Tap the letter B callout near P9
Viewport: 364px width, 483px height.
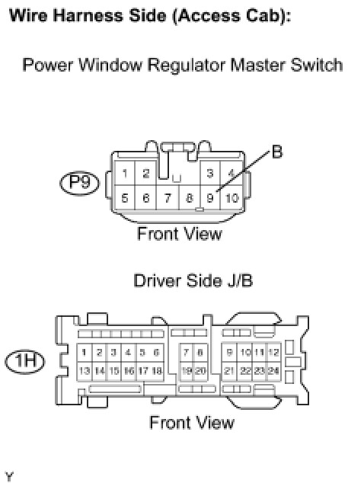pyautogui.click(x=277, y=152)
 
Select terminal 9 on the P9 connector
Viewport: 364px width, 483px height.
pyautogui.click(x=210, y=197)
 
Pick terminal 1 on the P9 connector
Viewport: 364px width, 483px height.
pyautogui.click(x=125, y=174)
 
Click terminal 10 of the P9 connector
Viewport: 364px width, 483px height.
pyautogui.click(x=231, y=198)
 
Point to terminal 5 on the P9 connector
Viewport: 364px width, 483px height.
pyautogui.click(x=125, y=198)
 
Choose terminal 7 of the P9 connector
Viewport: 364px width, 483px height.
pyautogui.click(x=168, y=198)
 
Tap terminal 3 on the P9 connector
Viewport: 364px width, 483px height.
pyautogui.click(x=210, y=173)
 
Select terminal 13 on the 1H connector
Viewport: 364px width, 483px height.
pyautogui.click(x=84, y=370)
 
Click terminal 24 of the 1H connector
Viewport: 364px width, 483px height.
pyautogui.click(x=273, y=370)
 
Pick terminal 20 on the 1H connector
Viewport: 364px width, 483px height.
pyautogui.click(x=200, y=370)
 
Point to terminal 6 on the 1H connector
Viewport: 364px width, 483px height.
pyautogui.click(x=156, y=352)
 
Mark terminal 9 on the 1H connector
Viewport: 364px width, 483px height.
pyautogui.click(x=229, y=352)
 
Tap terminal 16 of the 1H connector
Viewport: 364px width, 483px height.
pyautogui.click(x=129, y=370)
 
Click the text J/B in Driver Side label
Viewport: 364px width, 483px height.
pyautogui.click(x=240, y=280)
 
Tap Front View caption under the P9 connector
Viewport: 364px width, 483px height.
pyautogui.click(x=180, y=233)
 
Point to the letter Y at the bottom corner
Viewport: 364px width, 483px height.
pyautogui.click(x=10, y=476)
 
